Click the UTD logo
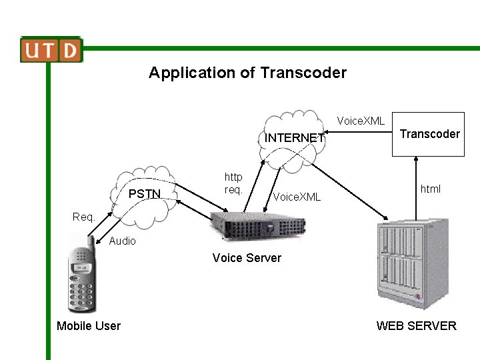pyautogui.click(x=51, y=50)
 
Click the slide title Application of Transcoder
pyautogui.click(x=247, y=73)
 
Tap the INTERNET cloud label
pyautogui.click(x=295, y=138)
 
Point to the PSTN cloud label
pyautogui.click(x=145, y=194)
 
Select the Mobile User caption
pyautogui.click(x=89, y=326)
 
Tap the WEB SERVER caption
pyautogui.click(x=416, y=326)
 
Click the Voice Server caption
pyautogui.click(x=247, y=258)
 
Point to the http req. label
pyautogui.click(x=233, y=183)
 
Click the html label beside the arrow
pyautogui.click(x=431, y=189)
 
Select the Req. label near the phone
pyautogui.click(x=84, y=217)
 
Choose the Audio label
pyautogui.click(x=122, y=241)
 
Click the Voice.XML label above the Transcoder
pyautogui.click(x=361, y=121)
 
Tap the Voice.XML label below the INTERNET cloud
pyautogui.click(x=297, y=197)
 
